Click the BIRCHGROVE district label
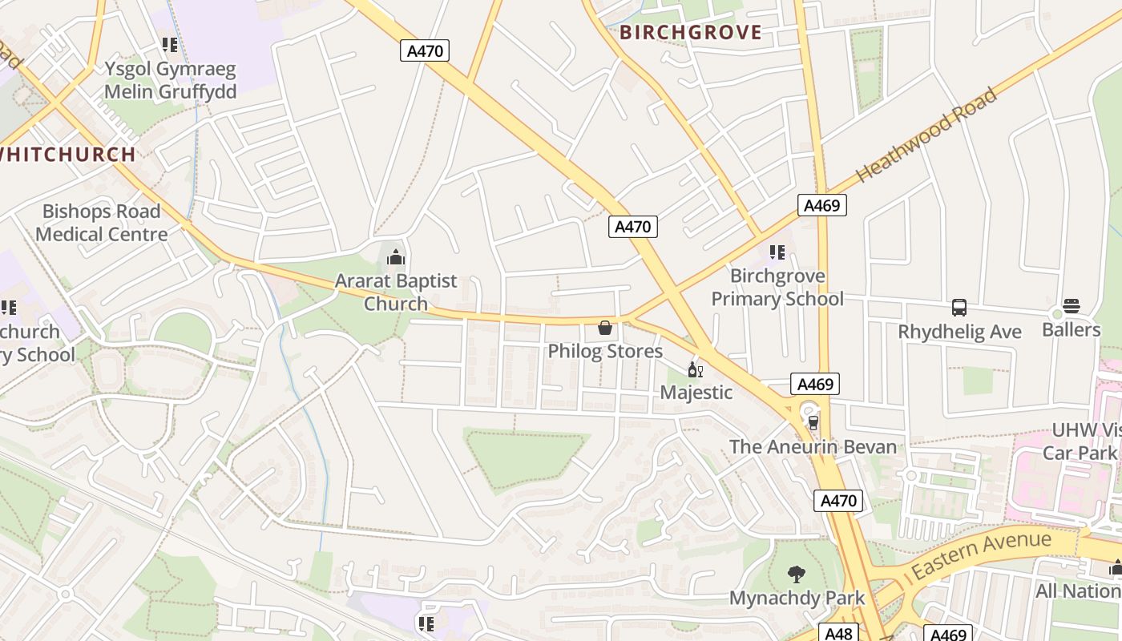click(690, 33)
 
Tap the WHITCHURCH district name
click(68, 155)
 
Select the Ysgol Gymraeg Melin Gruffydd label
click(170, 80)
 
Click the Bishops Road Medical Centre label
click(102, 223)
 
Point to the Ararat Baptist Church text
click(396, 292)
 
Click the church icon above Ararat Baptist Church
click(396, 258)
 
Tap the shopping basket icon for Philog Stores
click(605, 328)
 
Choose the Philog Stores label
click(605, 351)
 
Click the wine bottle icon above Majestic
click(695, 369)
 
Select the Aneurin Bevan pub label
click(813, 446)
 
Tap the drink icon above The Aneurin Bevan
click(813, 422)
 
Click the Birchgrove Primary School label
click(777, 288)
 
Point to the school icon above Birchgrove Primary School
click(777, 252)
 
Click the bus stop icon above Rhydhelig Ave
click(959, 308)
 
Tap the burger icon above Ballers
click(1072, 306)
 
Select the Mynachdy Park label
click(797, 598)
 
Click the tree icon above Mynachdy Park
click(796, 574)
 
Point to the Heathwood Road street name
click(927, 135)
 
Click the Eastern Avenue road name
click(981, 554)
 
